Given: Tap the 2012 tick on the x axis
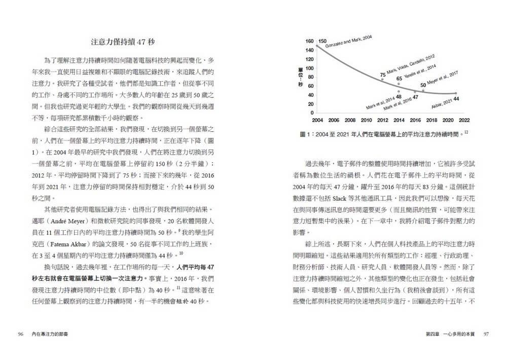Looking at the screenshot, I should [x=382, y=120].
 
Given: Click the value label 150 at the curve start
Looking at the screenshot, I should [x=323, y=41].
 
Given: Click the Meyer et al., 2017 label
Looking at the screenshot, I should [x=442, y=78].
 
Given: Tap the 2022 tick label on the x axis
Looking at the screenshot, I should [x=464, y=120].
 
